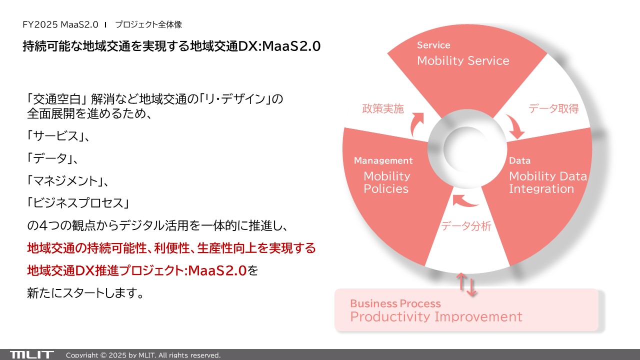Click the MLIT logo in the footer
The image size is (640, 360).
point(31,355)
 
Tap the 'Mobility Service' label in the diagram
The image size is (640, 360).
point(463,61)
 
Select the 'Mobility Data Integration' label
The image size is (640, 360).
point(547,182)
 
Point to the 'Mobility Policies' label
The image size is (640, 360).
point(386,182)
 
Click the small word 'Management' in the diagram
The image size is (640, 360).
point(383,160)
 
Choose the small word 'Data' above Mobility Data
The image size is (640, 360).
point(519,160)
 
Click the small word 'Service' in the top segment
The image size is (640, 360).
point(433,45)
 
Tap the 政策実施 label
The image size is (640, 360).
point(383,108)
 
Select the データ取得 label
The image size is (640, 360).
point(553,108)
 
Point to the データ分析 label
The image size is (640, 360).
point(466,226)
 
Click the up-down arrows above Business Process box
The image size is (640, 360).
point(466,284)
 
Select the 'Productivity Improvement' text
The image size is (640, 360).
point(436,316)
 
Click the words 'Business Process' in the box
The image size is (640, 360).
point(395,303)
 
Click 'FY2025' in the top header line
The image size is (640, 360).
point(40,24)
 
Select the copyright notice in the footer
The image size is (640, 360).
point(143,355)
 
